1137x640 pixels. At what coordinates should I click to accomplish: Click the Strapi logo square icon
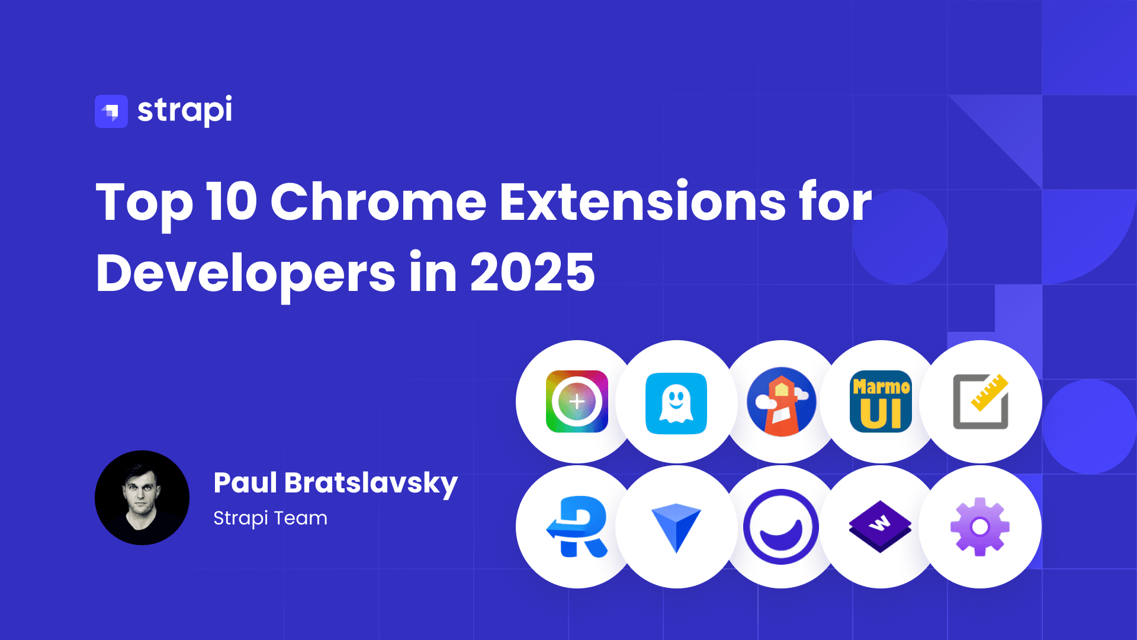click(111, 111)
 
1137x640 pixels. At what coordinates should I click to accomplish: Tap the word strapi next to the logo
click(185, 110)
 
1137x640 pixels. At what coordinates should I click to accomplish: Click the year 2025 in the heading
click(532, 273)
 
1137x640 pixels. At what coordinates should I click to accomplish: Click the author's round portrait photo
click(142, 498)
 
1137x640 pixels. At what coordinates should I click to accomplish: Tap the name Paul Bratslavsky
click(335, 484)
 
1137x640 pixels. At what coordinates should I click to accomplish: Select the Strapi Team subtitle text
click(270, 519)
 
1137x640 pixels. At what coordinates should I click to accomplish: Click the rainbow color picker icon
click(577, 401)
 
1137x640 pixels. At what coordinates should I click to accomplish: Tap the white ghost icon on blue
click(676, 403)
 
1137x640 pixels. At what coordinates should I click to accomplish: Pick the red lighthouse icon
click(782, 402)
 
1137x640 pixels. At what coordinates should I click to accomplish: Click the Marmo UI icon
click(881, 401)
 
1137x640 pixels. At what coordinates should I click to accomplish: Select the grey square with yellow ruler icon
click(981, 401)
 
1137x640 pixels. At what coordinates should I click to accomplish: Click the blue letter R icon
click(577, 527)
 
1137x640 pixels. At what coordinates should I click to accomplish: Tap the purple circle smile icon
click(781, 527)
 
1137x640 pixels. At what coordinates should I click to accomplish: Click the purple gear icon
click(980, 527)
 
